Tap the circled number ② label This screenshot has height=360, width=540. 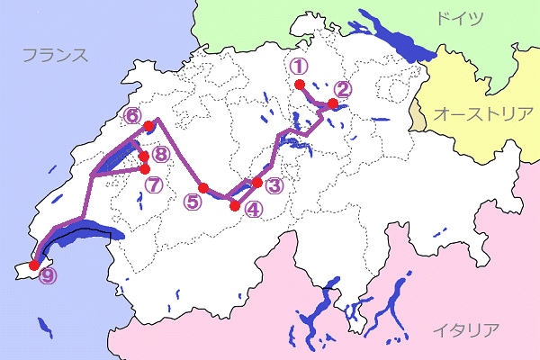coord(341,88)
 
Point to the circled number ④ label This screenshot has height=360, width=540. coord(253,210)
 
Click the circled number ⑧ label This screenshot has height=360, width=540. coord(160,154)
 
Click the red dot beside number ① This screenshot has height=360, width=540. coord(299,85)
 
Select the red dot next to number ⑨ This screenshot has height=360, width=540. coord(34,265)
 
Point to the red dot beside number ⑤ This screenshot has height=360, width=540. coord(203,187)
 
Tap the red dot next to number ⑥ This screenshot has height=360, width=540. coord(148,126)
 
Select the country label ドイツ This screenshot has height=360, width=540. coord(458,18)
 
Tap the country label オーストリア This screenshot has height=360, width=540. coord(483,113)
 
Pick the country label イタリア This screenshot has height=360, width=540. coord(464,329)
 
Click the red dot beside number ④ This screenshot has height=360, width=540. coord(236,206)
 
